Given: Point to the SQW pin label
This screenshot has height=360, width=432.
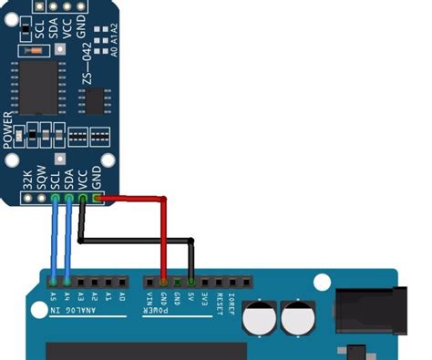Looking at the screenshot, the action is click(x=42, y=179).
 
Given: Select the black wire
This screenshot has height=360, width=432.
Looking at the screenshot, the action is click(x=137, y=242).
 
